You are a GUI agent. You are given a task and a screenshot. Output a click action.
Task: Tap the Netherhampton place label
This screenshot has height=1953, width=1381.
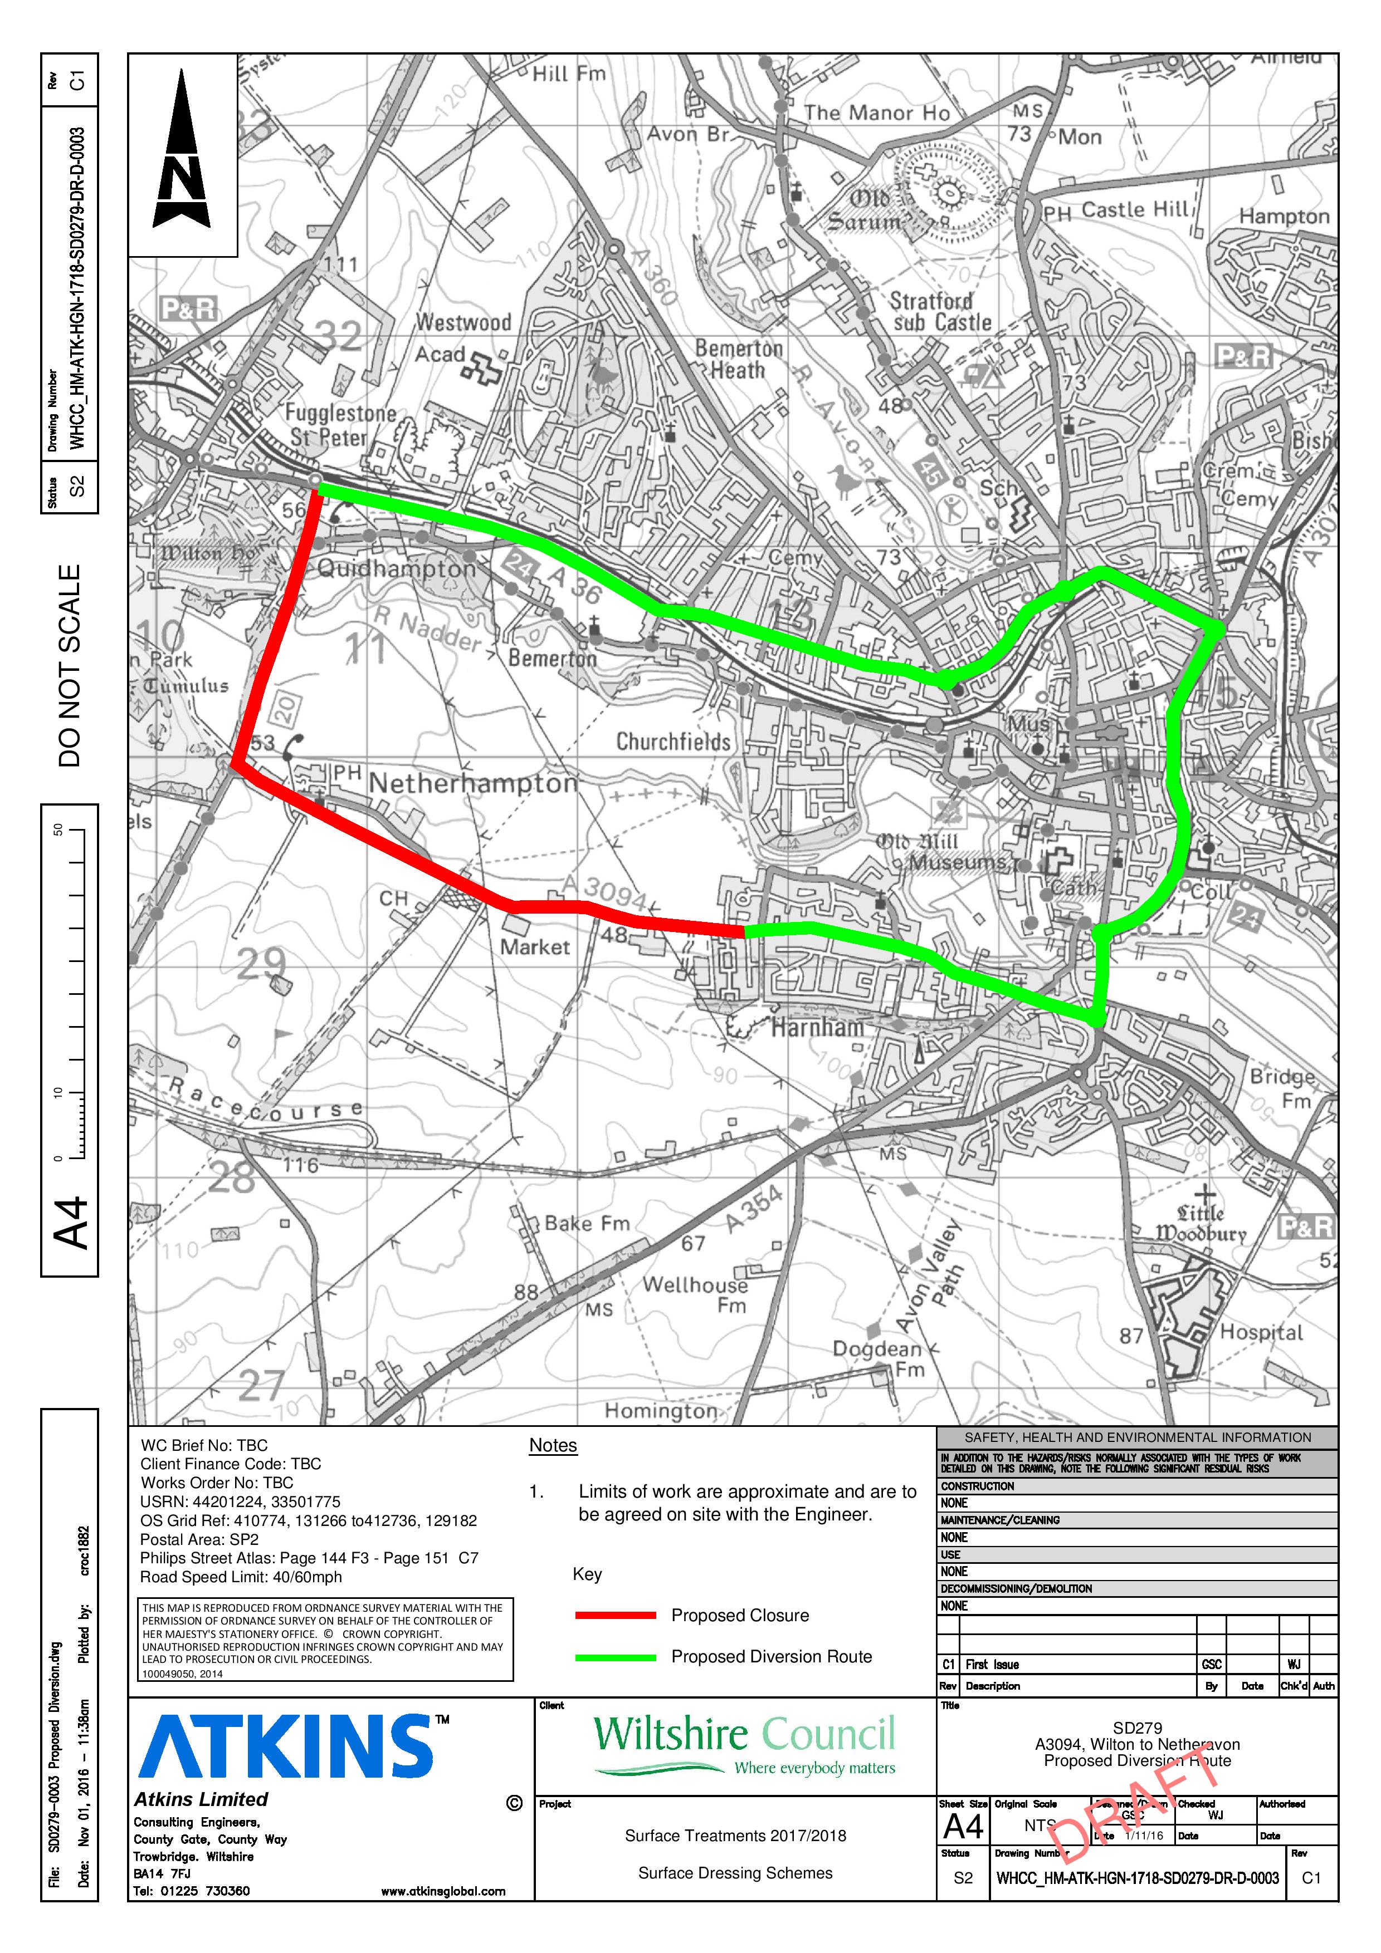click(473, 783)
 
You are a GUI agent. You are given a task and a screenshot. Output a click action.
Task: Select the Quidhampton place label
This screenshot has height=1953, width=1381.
click(397, 568)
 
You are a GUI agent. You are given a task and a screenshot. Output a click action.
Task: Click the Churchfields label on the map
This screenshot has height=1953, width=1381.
click(673, 742)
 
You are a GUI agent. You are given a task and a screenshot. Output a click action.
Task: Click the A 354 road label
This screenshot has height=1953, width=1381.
click(754, 1208)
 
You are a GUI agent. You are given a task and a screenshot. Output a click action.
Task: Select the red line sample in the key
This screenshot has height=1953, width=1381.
click(615, 1615)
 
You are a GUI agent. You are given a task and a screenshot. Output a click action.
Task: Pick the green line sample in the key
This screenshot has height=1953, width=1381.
click(615, 1657)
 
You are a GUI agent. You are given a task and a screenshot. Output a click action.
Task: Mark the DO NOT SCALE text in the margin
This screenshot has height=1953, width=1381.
click(70, 665)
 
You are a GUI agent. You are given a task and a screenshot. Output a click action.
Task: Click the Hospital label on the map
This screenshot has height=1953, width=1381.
click(1261, 1332)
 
